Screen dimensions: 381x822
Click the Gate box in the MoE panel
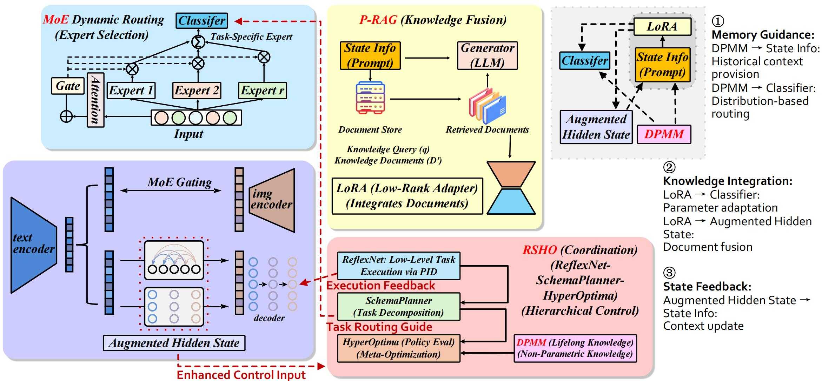(68, 86)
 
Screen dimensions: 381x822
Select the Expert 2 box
(197, 91)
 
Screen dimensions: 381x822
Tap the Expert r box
(262, 91)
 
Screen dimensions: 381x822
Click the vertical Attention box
(95, 100)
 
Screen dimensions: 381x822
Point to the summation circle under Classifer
(198, 42)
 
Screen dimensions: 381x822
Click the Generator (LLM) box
(487, 55)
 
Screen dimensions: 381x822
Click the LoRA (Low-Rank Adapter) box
(407, 196)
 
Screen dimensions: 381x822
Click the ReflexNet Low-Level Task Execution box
(398, 266)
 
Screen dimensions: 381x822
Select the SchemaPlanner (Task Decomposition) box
(398, 307)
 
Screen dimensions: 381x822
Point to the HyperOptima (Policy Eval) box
(398, 348)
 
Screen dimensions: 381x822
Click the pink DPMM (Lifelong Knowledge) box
(575, 348)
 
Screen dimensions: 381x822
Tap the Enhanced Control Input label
(241, 375)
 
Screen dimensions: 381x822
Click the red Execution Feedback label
(381, 286)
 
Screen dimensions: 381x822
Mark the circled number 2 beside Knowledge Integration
(669, 167)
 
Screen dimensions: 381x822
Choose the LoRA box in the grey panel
(662, 27)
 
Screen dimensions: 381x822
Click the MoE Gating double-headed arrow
(171, 190)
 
